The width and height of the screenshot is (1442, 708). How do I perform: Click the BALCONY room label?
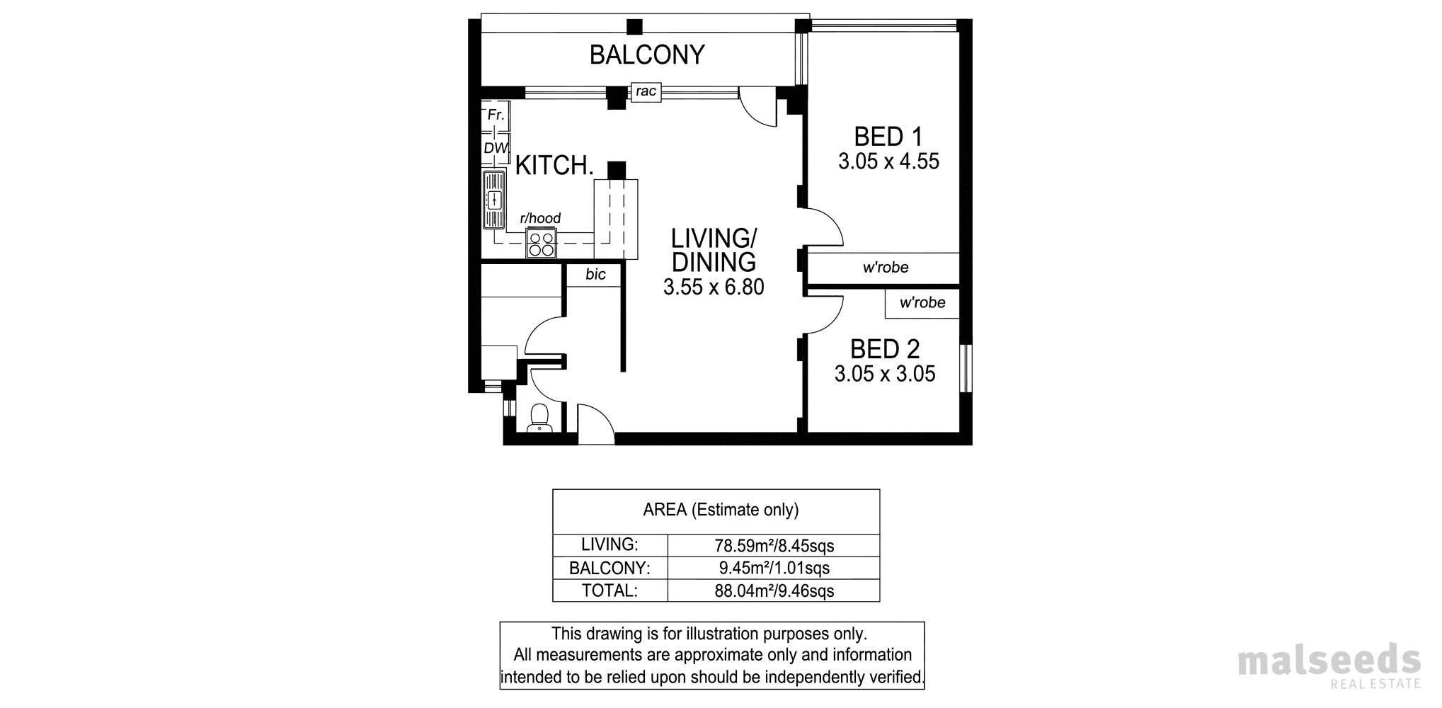click(x=647, y=55)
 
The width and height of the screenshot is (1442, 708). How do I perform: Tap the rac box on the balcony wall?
click(x=646, y=92)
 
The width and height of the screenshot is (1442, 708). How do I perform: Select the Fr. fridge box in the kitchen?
click(x=496, y=115)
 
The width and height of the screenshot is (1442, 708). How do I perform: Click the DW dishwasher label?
click(x=496, y=149)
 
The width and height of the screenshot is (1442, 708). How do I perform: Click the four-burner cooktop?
click(x=542, y=244)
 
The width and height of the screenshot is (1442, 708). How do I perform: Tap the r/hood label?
click(x=540, y=218)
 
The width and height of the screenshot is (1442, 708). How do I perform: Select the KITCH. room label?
click(x=554, y=166)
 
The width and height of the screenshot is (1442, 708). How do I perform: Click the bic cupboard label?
click(x=595, y=275)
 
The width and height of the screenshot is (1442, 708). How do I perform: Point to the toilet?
click(x=539, y=418)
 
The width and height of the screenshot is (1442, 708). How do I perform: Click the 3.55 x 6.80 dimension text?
click(x=714, y=287)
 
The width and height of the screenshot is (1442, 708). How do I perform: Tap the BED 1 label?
click(x=888, y=136)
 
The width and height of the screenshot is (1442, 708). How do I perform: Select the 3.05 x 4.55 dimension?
click(x=888, y=161)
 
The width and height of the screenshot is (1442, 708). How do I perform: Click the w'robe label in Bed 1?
click(x=886, y=268)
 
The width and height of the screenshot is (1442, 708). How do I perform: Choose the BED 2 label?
click(x=885, y=349)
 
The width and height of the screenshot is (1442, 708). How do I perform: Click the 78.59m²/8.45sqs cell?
click(x=774, y=546)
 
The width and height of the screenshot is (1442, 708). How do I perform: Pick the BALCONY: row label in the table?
click(x=610, y=569)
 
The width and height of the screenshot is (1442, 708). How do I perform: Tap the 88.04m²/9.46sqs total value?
click(x=774, y=591)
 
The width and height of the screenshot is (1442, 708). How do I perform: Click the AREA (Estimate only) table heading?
click(x=721, y=510)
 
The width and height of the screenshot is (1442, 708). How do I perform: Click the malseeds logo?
click(x=1329, y=666)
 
